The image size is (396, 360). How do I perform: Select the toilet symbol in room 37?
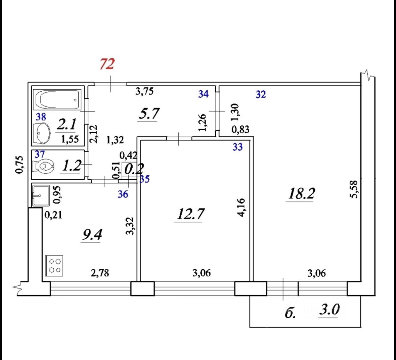[43, 166]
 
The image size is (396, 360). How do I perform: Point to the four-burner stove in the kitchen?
[54, 266]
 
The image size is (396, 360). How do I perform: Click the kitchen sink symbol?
[41, 196]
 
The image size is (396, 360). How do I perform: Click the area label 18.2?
[301, 194]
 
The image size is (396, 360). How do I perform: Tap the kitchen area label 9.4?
[92, 235]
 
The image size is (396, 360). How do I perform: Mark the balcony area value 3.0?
[329, 310]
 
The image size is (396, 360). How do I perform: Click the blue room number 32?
[261, 95]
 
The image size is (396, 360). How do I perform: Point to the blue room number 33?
[237, 147]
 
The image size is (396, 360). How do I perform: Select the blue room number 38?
[41, 117]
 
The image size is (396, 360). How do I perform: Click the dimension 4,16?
[241, 208]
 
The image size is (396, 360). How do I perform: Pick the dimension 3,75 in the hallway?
[144, 91]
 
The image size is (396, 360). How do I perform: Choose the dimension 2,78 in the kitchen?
[100, 273]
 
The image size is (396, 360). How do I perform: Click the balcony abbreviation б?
[290, 313]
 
